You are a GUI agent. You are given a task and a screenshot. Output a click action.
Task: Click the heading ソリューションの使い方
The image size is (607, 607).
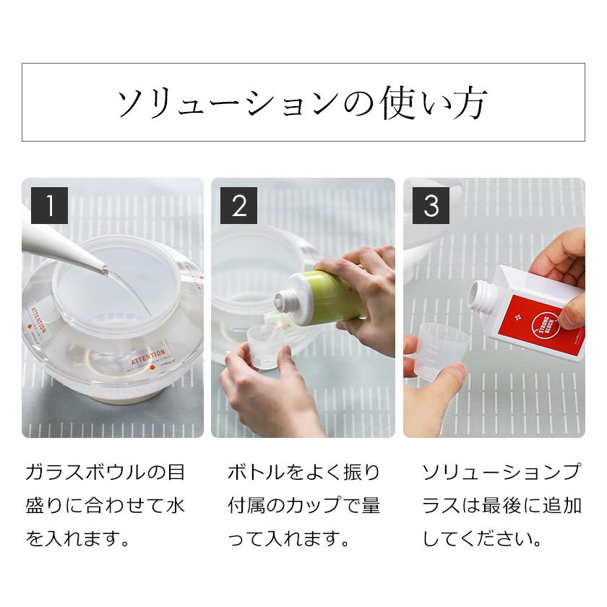coord(303,103)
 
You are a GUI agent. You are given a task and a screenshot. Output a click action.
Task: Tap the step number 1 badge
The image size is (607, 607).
coord(50,205)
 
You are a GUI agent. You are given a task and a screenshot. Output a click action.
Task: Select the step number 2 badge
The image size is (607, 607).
coord(239,205)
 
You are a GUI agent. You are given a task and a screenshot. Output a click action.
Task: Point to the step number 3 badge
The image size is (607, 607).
coord(431,205)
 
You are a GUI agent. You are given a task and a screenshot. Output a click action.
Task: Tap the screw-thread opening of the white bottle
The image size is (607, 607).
coord(481,293)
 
